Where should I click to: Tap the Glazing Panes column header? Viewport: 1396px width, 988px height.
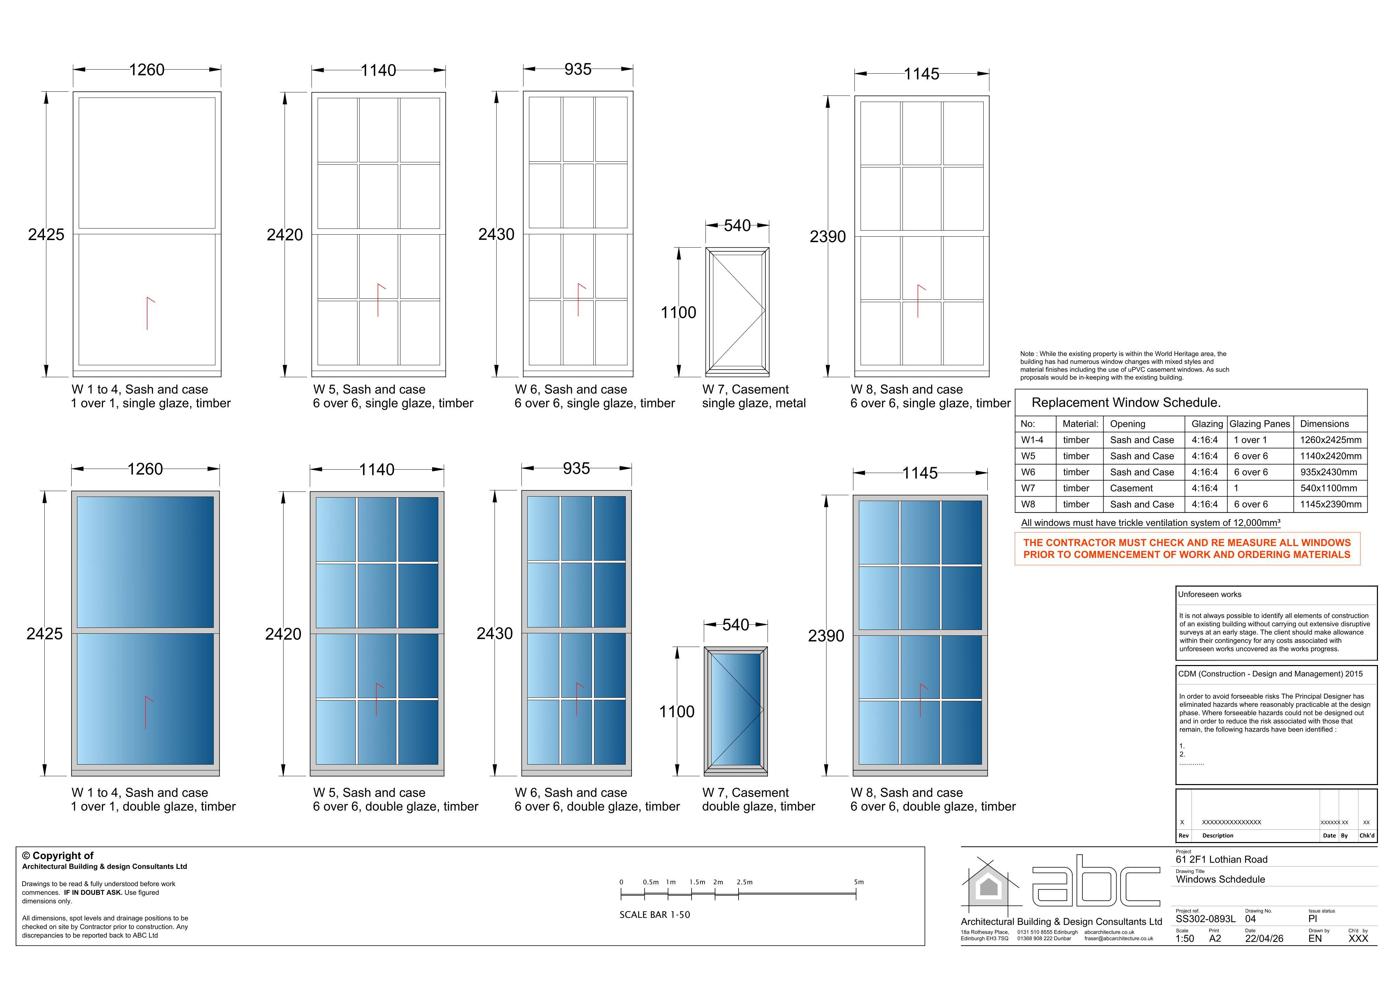(x=1260, y=424)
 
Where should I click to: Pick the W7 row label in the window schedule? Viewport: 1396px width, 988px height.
(x=1028, y=488)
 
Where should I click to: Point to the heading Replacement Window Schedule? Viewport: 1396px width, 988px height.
(x=1126, y=403)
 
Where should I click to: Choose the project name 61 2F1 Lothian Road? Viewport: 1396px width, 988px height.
(x=1221, y=860)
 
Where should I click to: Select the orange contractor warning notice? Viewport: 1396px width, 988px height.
(x=1187, y=549)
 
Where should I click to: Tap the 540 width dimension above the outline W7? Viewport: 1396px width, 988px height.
(x=737, y=226)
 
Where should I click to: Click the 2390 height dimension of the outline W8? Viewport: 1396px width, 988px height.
(x=828, y=237)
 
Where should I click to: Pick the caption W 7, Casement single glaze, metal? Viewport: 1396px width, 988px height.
(x=754, y=396)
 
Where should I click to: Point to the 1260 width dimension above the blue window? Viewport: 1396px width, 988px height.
(x=145, y=469)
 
